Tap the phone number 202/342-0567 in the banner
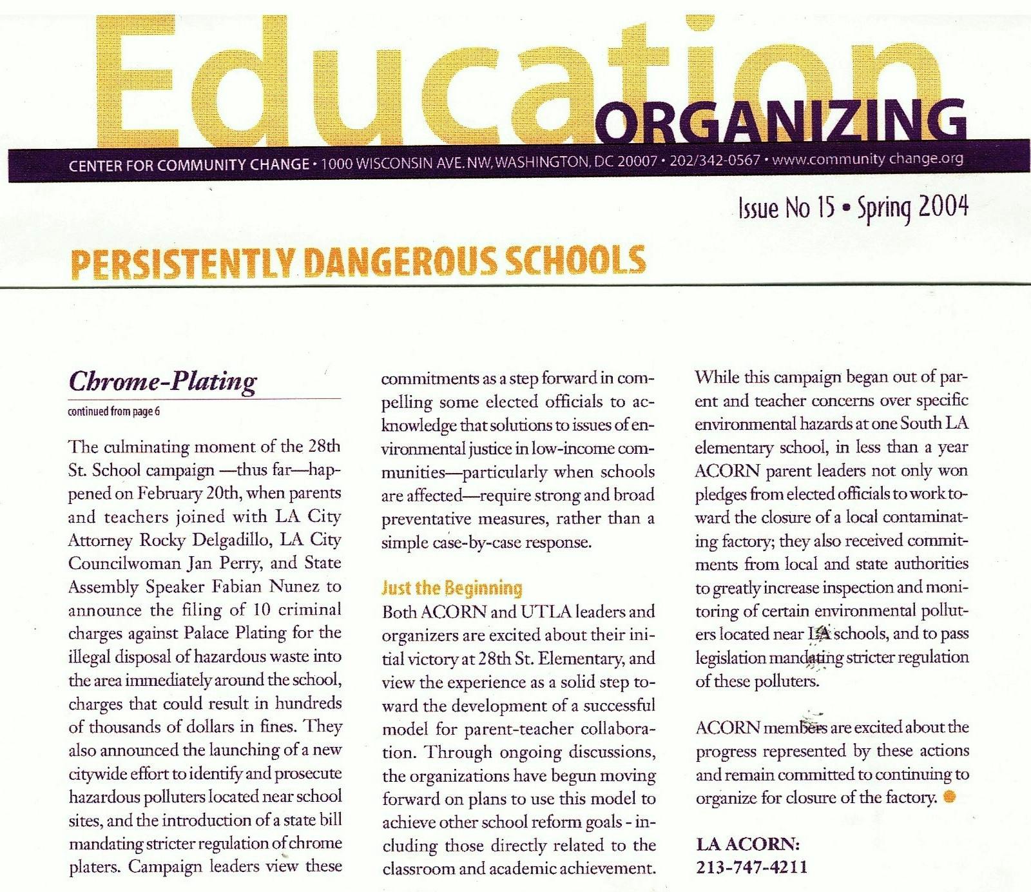[x=715, y=160]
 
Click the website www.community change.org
[x=867, y=159]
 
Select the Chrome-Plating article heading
[x=162, y=381]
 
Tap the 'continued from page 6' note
[x=113, y=411]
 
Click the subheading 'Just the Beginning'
[x=452, y=588]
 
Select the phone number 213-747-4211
[x=751, y=867]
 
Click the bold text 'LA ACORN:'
[x=747, y=844]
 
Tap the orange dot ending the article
[x=949, y=797]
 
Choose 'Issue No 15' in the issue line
[x=786, y=208]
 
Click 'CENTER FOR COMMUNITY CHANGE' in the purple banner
[x=189, y=165]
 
